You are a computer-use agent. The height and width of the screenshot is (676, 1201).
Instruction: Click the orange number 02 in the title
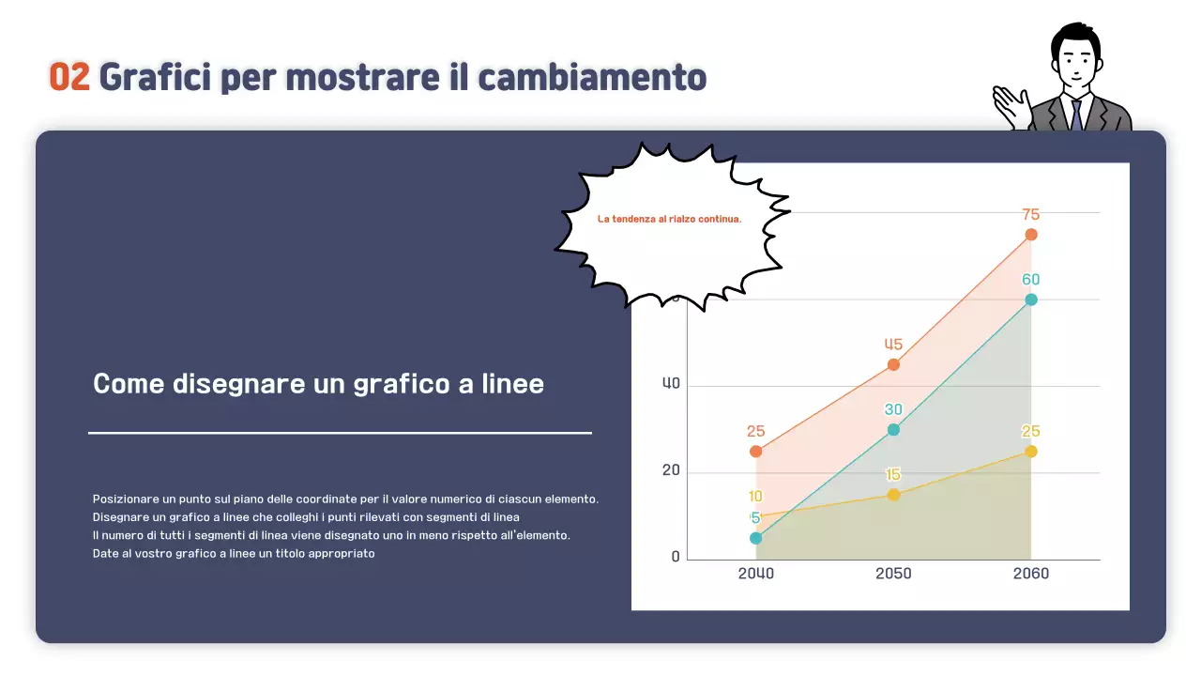[68, 77]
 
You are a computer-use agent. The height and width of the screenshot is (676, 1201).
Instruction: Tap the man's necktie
[1076, 115]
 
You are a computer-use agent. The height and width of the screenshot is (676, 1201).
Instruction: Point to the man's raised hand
[1011, 105]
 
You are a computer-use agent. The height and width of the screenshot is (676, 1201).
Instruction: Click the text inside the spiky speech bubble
[669, 219]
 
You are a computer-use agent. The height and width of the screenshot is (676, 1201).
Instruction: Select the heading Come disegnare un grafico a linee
[318, 384]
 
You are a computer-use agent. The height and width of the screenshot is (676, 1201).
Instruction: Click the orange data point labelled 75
[1031, 235]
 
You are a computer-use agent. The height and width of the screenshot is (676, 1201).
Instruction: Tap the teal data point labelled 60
[1031, 300]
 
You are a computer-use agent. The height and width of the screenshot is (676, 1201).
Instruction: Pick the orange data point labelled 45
[893, 364]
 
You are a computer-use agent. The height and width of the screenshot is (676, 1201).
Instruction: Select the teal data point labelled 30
[893, 430]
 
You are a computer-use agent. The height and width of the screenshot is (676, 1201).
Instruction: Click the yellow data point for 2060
[1031, 452]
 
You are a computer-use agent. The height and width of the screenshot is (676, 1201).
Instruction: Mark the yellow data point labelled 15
[893, 495]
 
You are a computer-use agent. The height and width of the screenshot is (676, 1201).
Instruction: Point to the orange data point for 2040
[756, 452]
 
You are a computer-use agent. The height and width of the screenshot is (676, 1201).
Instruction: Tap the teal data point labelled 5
[756, 538]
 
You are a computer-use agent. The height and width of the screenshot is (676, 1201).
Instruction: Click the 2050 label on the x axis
[893, 574]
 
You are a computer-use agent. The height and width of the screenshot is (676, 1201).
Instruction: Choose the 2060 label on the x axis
[1031, 574]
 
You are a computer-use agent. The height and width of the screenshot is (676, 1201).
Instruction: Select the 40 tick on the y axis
[671, 384]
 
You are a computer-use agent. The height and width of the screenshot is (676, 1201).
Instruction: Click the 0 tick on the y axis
[676, 558]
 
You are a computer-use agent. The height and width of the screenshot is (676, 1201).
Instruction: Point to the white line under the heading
[340, 433]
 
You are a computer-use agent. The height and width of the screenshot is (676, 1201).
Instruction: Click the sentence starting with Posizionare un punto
[345, 499]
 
